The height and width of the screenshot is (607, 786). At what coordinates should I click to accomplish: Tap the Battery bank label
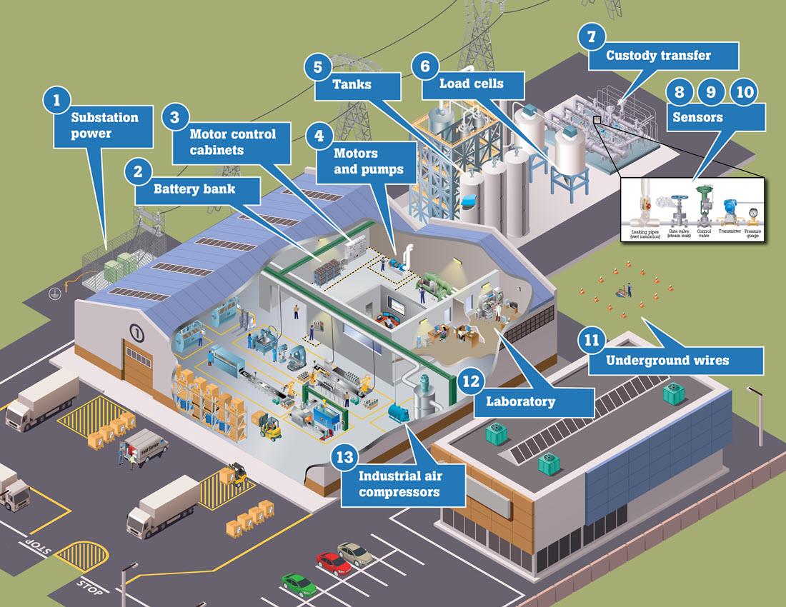coord(194,189)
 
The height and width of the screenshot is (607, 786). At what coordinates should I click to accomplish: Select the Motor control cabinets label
coord(232,141)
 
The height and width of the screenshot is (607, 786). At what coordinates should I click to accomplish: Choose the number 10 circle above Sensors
coord(744,91)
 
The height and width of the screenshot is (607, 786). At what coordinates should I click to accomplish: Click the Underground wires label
coord(667,360)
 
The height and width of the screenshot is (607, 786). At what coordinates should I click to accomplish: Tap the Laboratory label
coord(520,401)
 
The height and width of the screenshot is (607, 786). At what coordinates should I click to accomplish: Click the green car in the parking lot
coord(299,584)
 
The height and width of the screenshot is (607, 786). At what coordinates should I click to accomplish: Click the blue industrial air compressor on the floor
coord(397,413)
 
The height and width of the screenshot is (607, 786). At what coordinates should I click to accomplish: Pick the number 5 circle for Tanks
coord(319,67)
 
